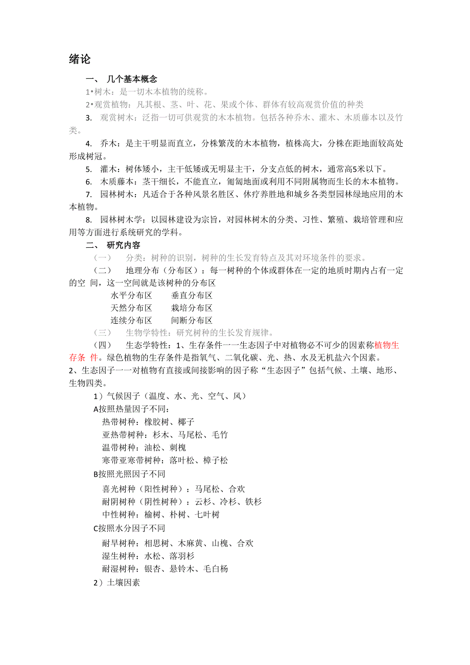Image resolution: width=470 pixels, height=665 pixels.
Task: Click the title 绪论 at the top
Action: pyautogui.click(x=80, y=59)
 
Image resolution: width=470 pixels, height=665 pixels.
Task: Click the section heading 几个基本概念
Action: pyautogui.click(x=132, y=79)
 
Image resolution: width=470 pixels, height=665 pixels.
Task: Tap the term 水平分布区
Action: pyautogui.click(x=131, y=295)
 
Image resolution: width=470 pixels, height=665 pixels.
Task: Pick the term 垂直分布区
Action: pyautogui.click(x=192, y=295)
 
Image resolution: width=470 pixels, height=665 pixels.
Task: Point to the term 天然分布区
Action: pyautogui.click(x=131, y=308)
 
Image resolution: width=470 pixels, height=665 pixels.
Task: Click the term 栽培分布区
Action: pyautogui.click(x=192, y=308)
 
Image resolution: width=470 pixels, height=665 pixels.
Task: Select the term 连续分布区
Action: pyautogui.click(x=131, y=320)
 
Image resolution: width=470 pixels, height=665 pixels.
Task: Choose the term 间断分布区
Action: pyautogui.click(x=192, y=320)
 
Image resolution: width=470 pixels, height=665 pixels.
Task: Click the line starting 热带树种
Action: pyautogui.click(x=148, y=422)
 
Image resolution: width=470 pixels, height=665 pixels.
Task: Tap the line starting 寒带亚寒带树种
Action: pyautogui.click(x=165, y=460)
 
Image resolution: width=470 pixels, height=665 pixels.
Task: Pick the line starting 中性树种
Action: pyautogui.click(x=161, y=514)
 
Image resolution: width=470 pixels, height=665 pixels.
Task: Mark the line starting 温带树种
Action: pyautogui.click(x=144, y=447)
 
